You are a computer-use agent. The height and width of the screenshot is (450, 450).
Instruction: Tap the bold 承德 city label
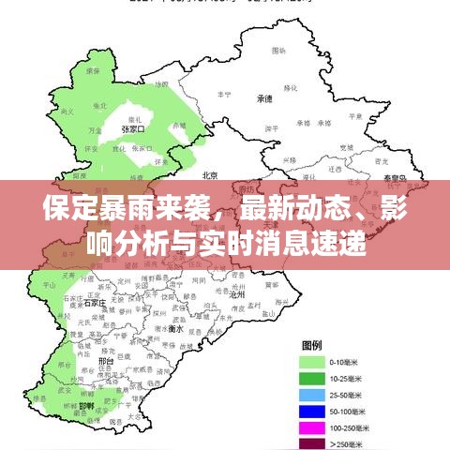[x=265, y=97]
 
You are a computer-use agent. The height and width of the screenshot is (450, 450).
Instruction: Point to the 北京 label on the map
[x=210, y=175]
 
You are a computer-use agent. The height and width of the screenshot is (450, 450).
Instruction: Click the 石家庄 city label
[x=95, y=303]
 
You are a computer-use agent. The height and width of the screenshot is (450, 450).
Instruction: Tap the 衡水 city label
[x=174, y=329]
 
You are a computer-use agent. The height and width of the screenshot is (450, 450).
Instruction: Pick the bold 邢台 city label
[x=106, y=360]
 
